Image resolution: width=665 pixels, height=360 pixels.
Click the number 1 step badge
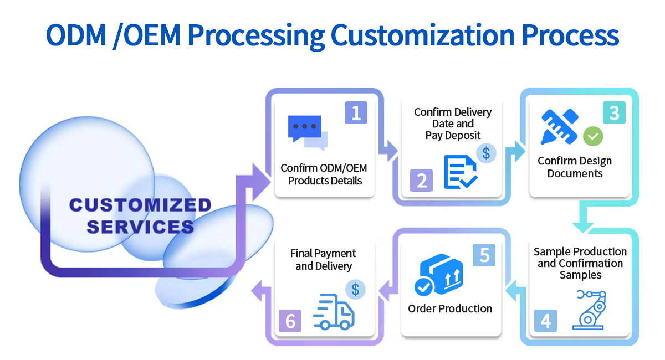[356, 112]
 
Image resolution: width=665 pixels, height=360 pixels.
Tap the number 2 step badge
[421, 181]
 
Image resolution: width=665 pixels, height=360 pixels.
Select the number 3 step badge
[614, 112]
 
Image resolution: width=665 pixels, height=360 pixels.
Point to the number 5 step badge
[484, 255]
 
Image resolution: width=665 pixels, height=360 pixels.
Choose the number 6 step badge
[290, 321]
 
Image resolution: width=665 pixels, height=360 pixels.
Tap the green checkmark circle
[593, 136]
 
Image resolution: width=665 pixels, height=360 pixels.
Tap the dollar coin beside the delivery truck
[355, 289]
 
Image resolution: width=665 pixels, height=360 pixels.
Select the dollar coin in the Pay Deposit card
[486, 153]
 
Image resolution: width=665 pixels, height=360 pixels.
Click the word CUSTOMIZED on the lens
[140, 205]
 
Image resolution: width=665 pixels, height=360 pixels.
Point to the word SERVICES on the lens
[140, 227]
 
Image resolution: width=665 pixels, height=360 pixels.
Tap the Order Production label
[450, 308]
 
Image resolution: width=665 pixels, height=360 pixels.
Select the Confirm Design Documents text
[575, 167]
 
